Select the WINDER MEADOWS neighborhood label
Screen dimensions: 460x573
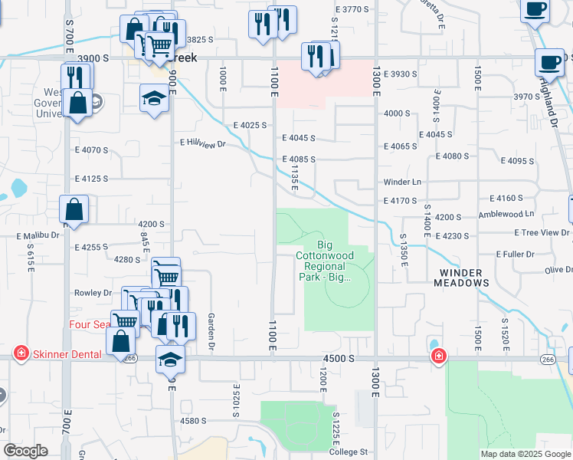tap(463, 278)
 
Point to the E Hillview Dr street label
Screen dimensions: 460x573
tap(204, 143)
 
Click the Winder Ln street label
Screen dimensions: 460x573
tap(403, 182)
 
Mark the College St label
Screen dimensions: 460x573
tap(349, 452)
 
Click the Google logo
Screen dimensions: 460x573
tap(25, 450)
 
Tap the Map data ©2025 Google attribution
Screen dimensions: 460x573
tap(526, 454)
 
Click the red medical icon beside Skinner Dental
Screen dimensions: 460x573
tap(21, 354)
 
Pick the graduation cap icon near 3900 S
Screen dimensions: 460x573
tap(154, 98)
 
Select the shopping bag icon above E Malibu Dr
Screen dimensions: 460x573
tap(74, 209)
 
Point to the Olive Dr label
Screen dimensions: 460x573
tap(558, 270)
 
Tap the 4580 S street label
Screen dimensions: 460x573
tap(194, 420)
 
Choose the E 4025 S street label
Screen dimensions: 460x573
tap(250, 124)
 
